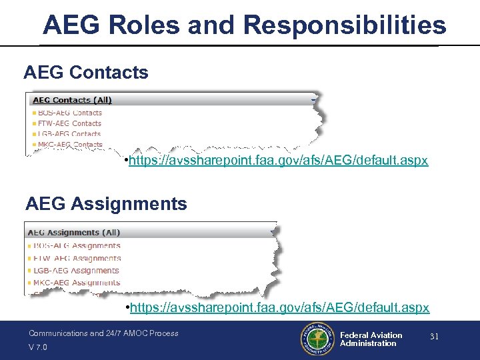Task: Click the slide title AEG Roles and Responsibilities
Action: (x=244, y=25)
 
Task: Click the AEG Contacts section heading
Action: (x=85, y=72)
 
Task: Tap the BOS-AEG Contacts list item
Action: (x=69, y=113)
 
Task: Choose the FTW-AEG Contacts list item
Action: (x=69, y=123)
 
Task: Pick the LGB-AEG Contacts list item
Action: (x=69, y=134)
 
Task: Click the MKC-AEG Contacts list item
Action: (x=69, y=144)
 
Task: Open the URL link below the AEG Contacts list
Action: (x=279, y=161)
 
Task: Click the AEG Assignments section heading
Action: (x=106, y=203)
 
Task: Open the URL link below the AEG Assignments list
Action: (x=279, y=307)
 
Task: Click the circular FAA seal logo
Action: (x=317, y=339)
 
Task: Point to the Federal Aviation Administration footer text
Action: (x=371, y=339)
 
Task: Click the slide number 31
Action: (x=434, y=337)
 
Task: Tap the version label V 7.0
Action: (x=38, y=347)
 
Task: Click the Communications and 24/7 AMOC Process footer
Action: (x=103, y=333)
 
